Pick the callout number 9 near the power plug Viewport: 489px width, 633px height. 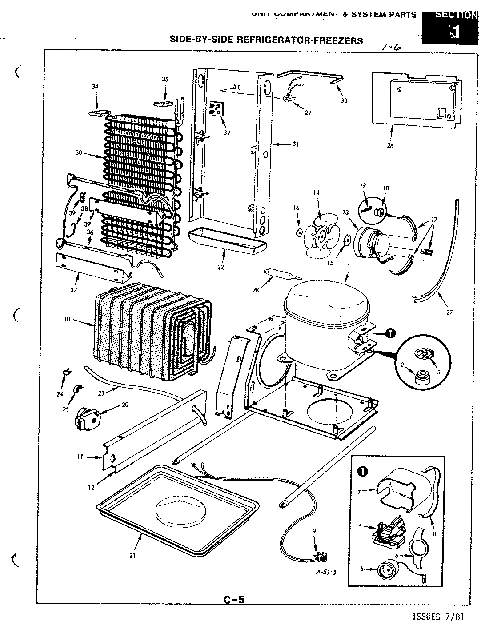coord(314,531)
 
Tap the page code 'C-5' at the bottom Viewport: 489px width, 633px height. coord(234,600)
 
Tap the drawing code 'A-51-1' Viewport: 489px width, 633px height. coord(326,572)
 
